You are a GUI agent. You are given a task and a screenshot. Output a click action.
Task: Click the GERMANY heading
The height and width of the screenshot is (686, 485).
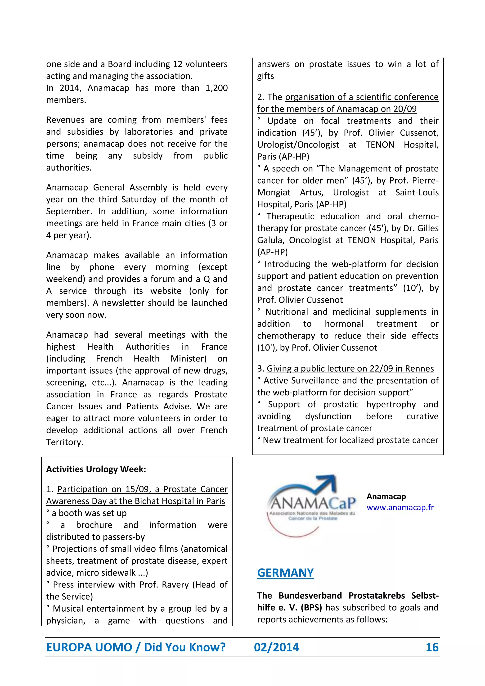tap(285, 573)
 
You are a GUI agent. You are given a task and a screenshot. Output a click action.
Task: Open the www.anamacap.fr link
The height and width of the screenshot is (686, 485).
tap(400, 507)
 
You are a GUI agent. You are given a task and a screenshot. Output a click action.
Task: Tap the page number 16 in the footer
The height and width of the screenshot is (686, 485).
tap(432, 647)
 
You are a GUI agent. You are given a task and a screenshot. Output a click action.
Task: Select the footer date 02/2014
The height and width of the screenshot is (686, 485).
tap(276, 647)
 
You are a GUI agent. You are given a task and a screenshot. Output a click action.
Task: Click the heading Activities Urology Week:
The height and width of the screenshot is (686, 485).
tap(96, 469)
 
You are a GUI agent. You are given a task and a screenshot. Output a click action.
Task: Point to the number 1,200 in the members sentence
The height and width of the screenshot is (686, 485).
tap(216, 88)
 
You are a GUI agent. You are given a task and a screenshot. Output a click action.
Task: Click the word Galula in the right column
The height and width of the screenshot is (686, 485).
tap(271, 240)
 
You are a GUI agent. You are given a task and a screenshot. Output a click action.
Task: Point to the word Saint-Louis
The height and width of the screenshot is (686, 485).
tap(417, 192)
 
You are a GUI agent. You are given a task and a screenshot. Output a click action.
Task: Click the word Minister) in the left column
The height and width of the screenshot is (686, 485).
tap(189, 359)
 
